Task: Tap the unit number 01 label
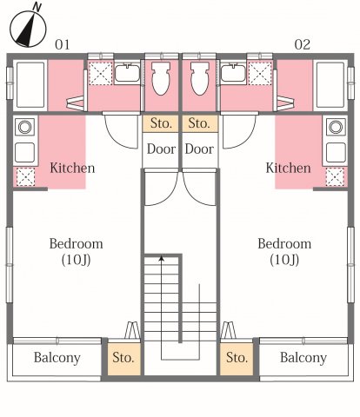tap(62, 43)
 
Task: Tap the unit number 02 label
tap(302, 43)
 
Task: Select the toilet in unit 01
tap(161, 79)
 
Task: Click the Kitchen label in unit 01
tap(72, 168)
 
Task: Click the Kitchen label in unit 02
tap(288, 168)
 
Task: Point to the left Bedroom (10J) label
tap(76, 251)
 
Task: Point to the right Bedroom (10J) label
tap(284, 251)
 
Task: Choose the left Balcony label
tap(57, 358)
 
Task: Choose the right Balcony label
tap(303, 358)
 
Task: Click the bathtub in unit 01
tap(29, 84)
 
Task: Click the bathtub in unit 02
tap(331, 84)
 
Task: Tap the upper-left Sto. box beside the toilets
tap(161, 122)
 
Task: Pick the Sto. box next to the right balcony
tap(237, 358)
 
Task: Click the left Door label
tap(161, 149)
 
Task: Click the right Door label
tap(199, 149)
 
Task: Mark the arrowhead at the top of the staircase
tap(162, 258)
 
